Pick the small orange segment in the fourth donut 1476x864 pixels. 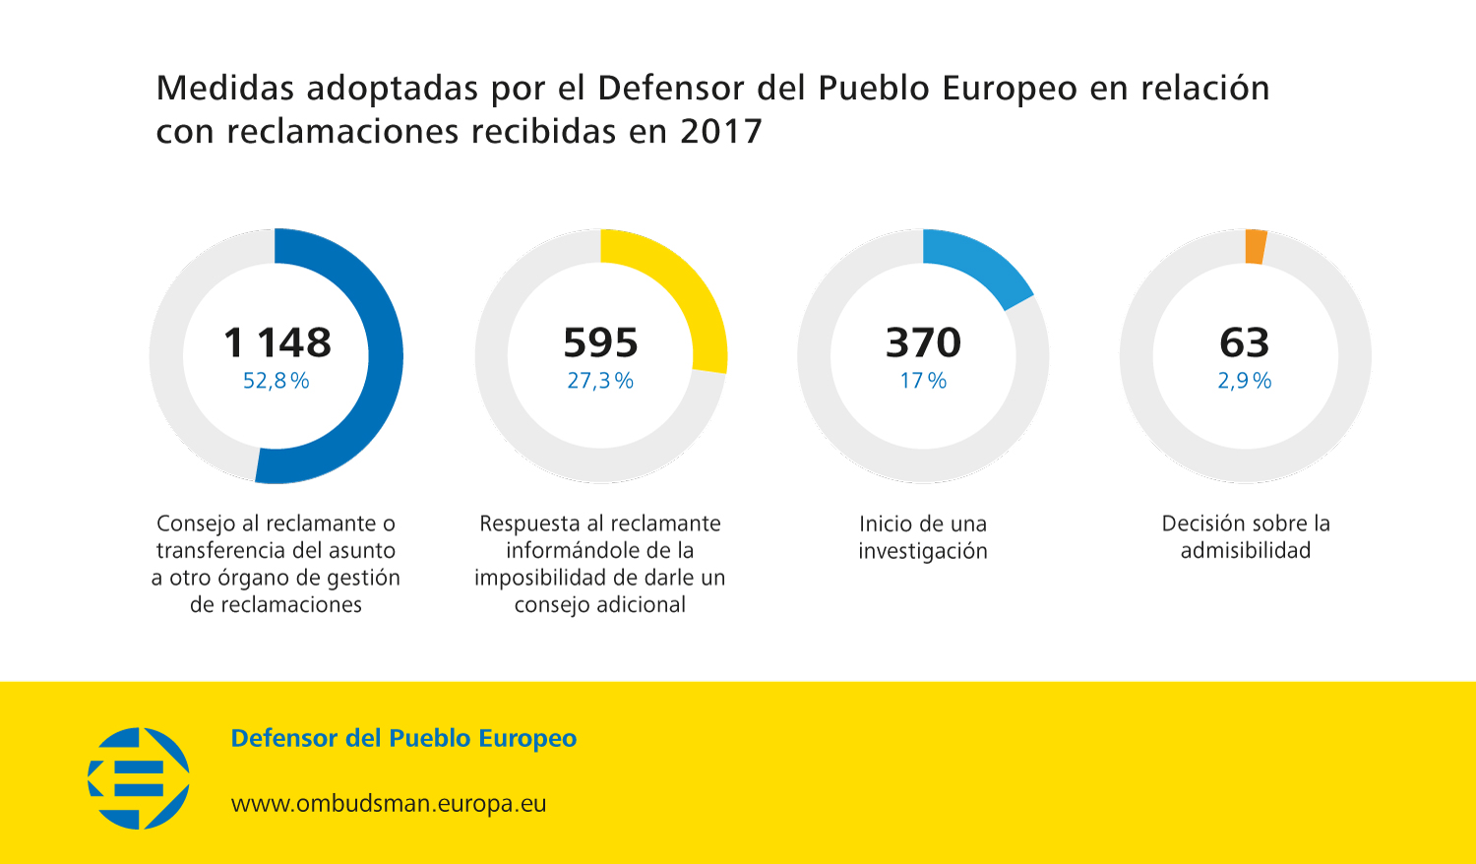[x=1256, y=247]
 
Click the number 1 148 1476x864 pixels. [x=277, y=342]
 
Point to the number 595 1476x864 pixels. [x=600, y=342]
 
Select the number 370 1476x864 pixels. [x=923, y=342]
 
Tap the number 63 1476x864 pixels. [x=1245, y=342]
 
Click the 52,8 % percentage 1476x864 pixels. [x=277, y=381]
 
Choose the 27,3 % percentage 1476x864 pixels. [x=600, y=381]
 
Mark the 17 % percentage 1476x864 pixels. [x=923, y=381]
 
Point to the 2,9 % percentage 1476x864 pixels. [x=1245, y=381]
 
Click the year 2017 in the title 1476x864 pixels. [x=721, y=131]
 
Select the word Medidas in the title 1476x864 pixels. [x=225, y=89]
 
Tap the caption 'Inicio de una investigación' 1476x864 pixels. [x=923, y=537]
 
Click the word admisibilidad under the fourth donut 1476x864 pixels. [x=1246, y=551]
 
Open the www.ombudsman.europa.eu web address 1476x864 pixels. [x=389, y=804]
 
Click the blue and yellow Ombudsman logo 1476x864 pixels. [x=139, y=777]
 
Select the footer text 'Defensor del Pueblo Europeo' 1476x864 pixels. [x=403, y=738]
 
